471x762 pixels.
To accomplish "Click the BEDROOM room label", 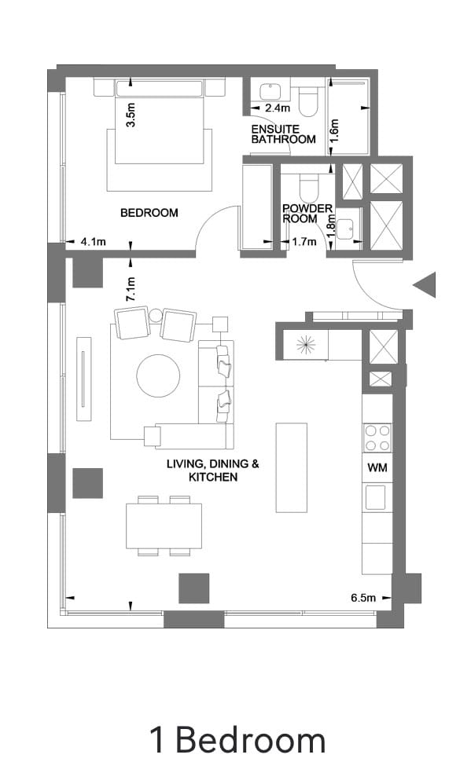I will [149, 212].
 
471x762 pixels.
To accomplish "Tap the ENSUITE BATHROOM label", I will [283, 134].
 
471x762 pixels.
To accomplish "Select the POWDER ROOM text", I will [307, 214].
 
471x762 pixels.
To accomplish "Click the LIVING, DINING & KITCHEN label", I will [212, 470].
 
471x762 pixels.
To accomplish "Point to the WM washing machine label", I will [376, 467].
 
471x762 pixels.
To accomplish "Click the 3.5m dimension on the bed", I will [131, 115].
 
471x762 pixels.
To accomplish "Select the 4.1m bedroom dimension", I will [93, 242].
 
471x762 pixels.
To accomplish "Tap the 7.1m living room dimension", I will [131, 289].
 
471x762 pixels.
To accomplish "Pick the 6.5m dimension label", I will [363, 598].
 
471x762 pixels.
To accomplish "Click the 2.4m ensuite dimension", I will [278, 108].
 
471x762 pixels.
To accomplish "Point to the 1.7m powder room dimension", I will [304, 242].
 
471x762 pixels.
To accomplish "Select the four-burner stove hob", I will [377, 438].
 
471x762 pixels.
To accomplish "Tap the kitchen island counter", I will [291, 467].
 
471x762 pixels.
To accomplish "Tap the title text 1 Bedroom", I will [237, 739].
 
